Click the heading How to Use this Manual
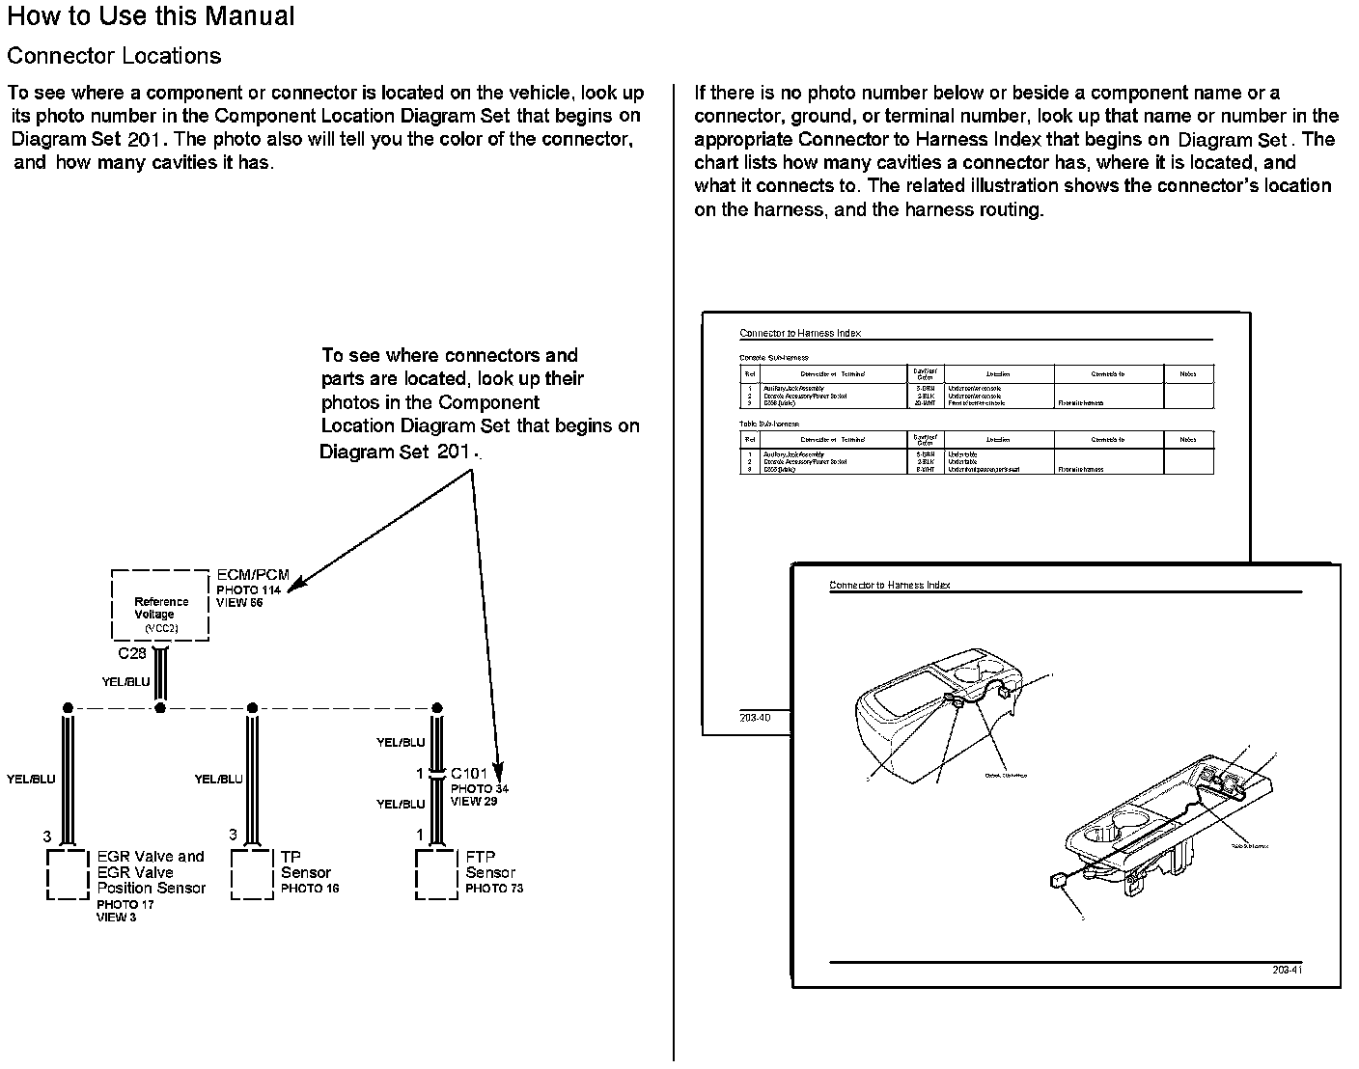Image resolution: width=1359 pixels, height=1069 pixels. [x=151, y=16]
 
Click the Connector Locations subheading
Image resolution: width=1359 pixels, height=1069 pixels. [x=114, y=56]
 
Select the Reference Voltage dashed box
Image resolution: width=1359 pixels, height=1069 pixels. [x=160, y=606]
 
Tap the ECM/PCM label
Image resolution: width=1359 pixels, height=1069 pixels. [x=253, y=575]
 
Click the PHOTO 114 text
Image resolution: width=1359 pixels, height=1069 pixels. [x=248, y=589]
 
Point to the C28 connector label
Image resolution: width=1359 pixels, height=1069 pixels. [x=132, y=653]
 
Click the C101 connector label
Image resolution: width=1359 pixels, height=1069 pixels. [x=469, y=773]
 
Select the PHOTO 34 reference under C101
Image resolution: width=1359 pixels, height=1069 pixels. [x=480, y=788]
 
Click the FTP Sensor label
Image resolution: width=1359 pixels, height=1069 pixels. [x=490, y=864]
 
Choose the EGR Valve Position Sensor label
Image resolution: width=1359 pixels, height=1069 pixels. [x=152, y=872]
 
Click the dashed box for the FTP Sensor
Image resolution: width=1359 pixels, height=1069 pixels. [x=436, y=874]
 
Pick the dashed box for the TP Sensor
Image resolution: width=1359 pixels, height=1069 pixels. [x=252, y=874]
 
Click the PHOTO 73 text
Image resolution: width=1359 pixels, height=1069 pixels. [x=494, y=889]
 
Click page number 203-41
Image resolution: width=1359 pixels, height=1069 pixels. [x=1287, y=970]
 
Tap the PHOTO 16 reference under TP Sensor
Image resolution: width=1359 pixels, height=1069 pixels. [x=310, y=889]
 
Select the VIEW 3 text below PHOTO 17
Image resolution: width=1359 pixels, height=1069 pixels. [x=116, y=918]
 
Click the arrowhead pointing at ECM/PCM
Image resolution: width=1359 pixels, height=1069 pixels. [x=294, y=585]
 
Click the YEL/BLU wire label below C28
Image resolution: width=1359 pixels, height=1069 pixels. [x=125, y=682]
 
